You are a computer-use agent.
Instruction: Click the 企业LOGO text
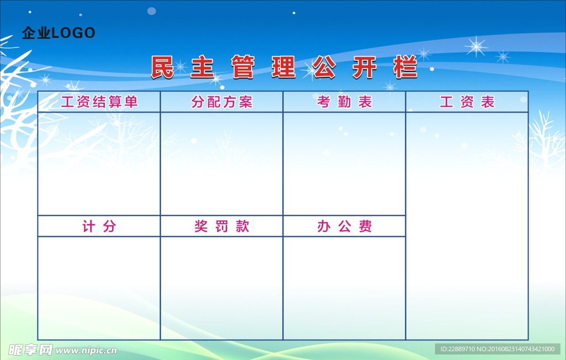tap(59, 33)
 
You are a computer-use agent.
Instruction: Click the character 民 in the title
tap(162, 67)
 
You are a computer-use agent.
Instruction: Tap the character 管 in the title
tap(243, 67)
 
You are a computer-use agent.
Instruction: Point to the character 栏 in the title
tap(405, 67)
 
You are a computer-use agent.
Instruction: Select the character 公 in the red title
tap(324, 67)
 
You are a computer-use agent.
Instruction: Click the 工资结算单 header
tap(99, 102)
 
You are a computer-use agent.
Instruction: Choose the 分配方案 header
tap(222, 102)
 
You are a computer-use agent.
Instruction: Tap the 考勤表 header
tap(344, 102)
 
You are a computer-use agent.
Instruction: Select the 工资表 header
tap(467, 102)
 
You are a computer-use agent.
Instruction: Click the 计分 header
tap(99, 226)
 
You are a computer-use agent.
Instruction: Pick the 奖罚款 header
tap(222, 226)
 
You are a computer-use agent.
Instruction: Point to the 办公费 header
tap(344, 226)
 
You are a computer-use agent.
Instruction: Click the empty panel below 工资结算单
tap(99, 164)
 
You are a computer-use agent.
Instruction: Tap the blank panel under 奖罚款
tap(222, 288)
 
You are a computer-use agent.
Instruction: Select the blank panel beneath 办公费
tap(344, 288)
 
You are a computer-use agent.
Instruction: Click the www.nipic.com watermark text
tap(86, 350)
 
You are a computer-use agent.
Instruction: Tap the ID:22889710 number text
tap(457, 349)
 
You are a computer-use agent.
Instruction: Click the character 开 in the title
tap(365, 67)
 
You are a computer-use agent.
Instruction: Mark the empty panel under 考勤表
tap(344, 164)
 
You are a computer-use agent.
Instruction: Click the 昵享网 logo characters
tap(31, 350)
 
